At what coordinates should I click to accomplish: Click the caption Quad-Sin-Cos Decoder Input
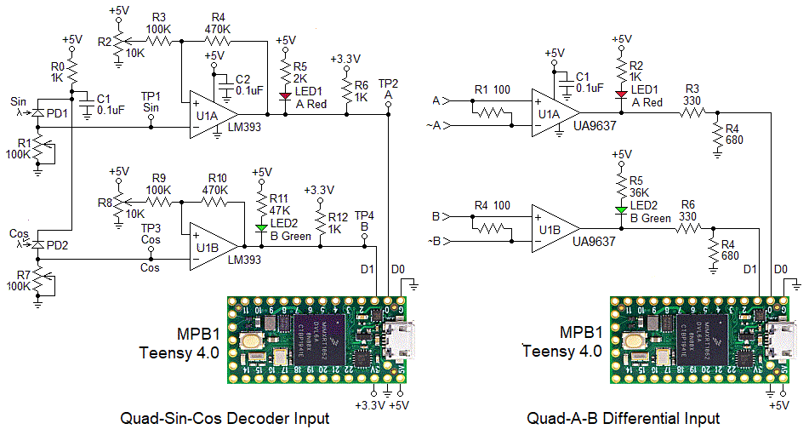[x=225, y=418]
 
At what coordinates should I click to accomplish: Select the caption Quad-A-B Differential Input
[x=624, y=418]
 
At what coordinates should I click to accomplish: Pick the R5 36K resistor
[x=622, y=187]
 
